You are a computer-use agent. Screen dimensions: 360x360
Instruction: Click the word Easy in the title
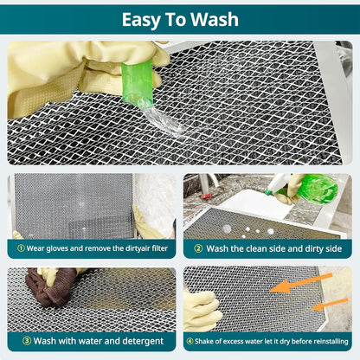click(x=142, y=20)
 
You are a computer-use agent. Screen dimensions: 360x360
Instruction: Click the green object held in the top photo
click(x=138, y=79)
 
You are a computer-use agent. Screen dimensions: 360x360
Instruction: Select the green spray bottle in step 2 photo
click(x=317, y=188)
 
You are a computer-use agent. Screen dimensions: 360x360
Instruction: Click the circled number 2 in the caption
click(x=197, y=247)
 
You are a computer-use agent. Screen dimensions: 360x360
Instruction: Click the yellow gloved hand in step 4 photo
click(x=202, y=309)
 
